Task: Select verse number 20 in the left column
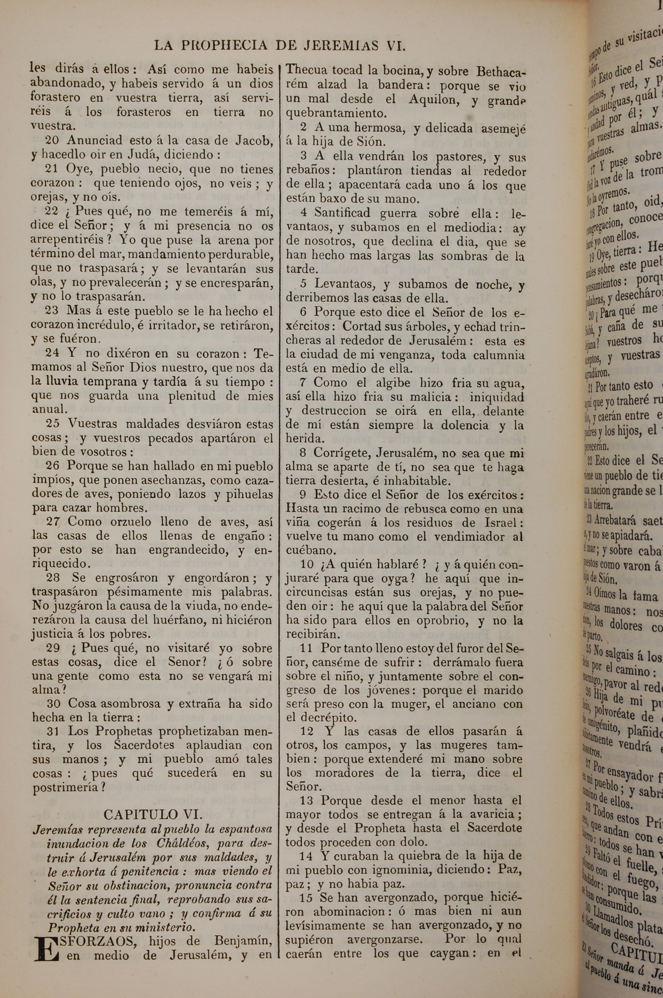tap(53, 140)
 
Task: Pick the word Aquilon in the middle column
tap(431, 100)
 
